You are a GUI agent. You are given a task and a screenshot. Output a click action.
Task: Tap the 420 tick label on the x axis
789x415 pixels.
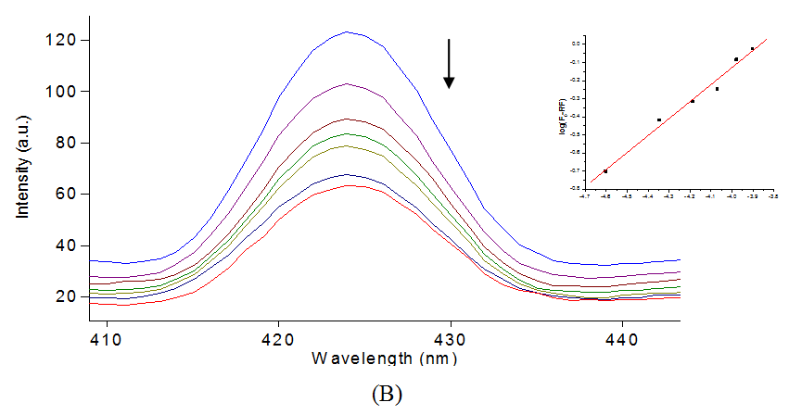(x=278, y=338)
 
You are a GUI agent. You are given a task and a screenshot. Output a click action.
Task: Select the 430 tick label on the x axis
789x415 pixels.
(x=451, y=338)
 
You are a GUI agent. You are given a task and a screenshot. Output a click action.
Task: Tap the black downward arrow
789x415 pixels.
(x=449, y=64)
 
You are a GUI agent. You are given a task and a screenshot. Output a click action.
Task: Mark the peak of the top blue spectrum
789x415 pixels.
(x=347, y=31)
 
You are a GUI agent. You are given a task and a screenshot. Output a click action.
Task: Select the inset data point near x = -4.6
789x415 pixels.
(x=605, y=171)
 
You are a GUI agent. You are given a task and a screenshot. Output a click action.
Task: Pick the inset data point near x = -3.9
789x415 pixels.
(x=752, y=49)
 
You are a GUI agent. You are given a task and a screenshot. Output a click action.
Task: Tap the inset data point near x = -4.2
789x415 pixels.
(x=692, y=101)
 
